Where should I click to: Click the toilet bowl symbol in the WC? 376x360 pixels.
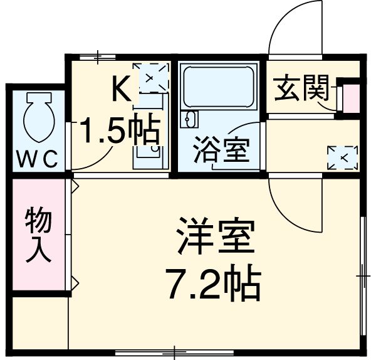tap(35, 115)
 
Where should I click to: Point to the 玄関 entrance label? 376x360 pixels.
tap(301, 90)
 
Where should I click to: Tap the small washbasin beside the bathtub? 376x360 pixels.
tap(189, 117)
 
